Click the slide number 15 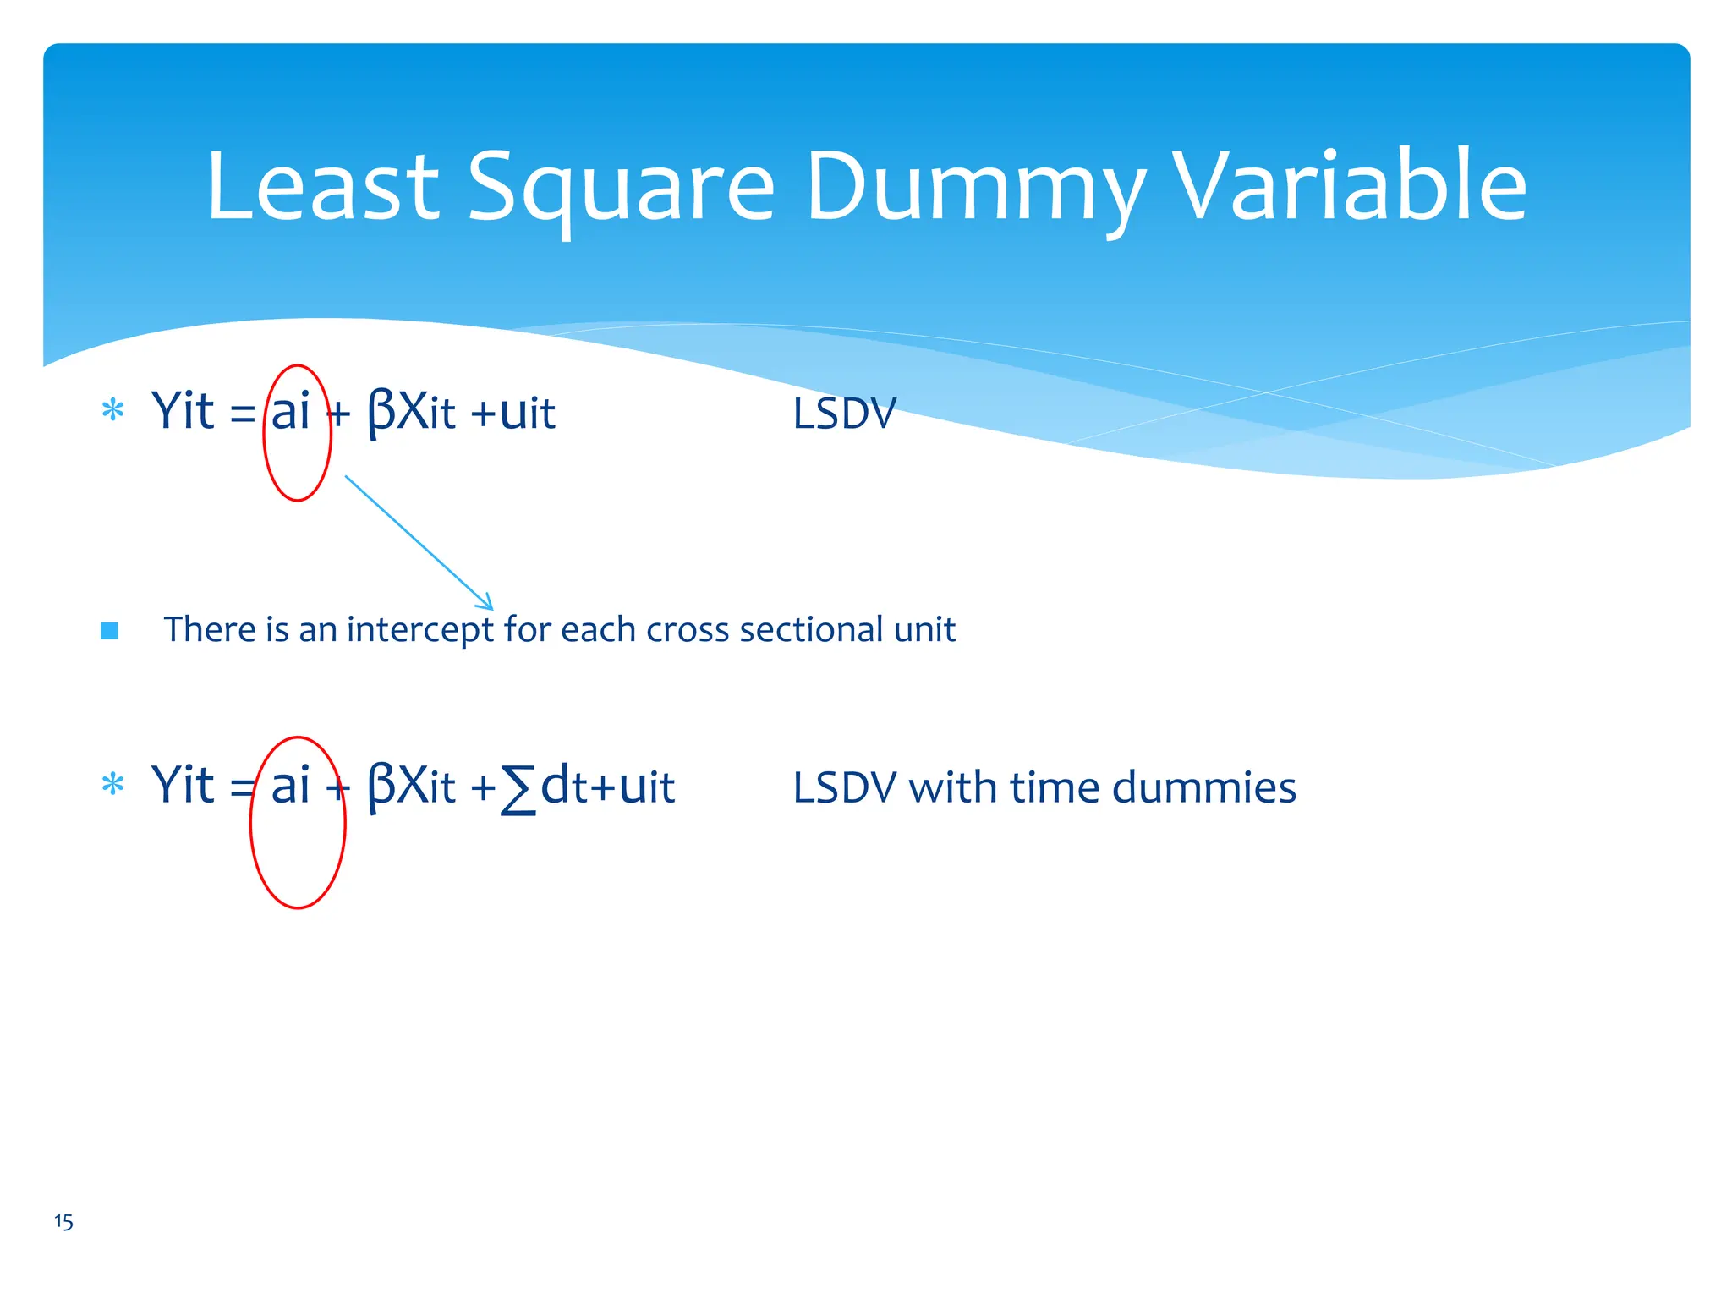pos(63,1222)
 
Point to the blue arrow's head pos(489,606)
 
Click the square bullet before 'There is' pos(109,631)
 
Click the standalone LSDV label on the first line pos(843,414)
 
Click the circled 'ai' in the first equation pos(291,412)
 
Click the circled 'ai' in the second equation pos(291,786)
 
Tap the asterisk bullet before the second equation pos(112,786)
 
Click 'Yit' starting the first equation pos(183,412)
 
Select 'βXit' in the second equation pos(411,787)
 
